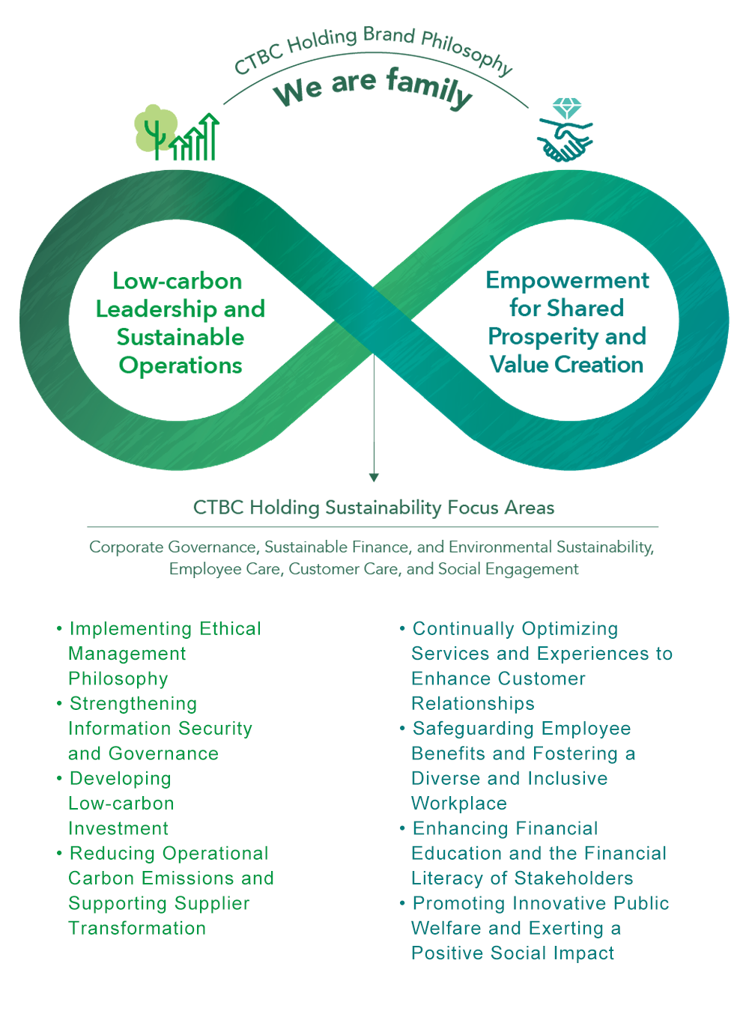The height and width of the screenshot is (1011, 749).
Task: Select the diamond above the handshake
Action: point(566,108)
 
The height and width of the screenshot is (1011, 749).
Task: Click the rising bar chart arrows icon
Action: point(196,139)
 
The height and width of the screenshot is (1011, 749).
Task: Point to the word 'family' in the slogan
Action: point(429,87)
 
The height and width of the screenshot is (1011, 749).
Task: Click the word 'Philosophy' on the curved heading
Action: point(467,51)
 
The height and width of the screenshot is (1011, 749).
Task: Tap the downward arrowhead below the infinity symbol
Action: point(374,477)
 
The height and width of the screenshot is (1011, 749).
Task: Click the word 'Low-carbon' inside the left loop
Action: point(178,281)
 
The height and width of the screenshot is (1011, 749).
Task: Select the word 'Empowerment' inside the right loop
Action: point(567,280)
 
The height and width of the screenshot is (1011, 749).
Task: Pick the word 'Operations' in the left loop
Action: point(181,365)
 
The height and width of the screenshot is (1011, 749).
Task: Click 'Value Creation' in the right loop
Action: point(566,365)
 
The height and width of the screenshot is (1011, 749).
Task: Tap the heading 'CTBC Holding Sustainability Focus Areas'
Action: point(374,508)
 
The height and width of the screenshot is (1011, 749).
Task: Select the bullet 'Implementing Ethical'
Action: point(166,629)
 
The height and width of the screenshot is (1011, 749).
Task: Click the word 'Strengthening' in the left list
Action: point(133,704)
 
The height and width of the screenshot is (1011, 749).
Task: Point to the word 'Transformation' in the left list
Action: point(137,929)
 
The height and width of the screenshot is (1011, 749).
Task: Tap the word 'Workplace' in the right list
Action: point(459,804)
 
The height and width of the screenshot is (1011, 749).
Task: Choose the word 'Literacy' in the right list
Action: point(447,878)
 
